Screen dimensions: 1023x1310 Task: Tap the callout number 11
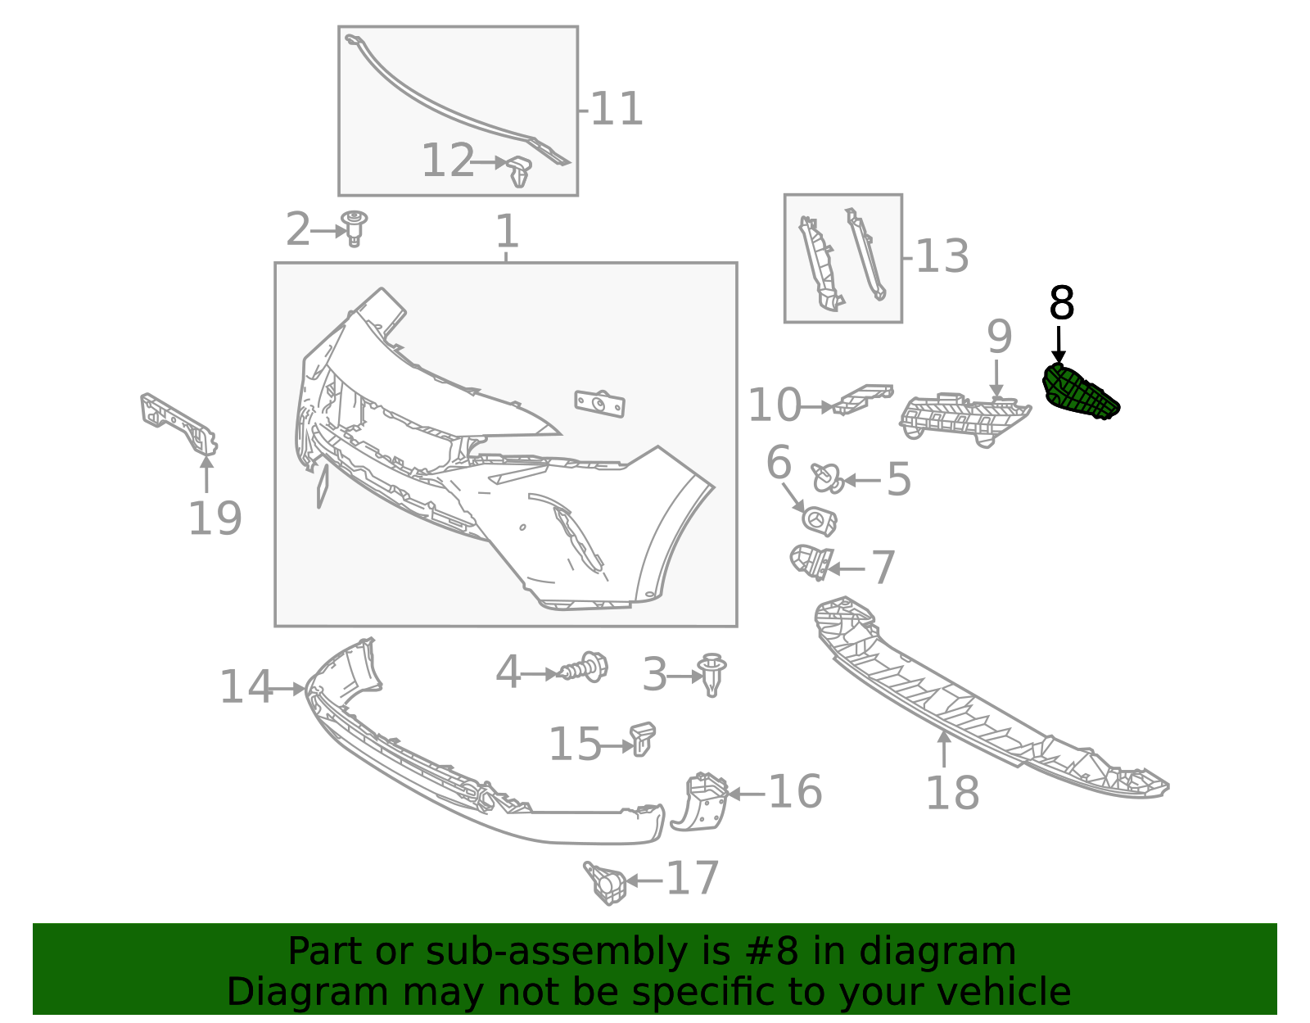(616, 109)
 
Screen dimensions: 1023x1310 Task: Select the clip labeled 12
(519, 170)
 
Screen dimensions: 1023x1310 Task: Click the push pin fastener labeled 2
(355, 227)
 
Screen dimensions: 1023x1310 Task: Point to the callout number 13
(942, 256)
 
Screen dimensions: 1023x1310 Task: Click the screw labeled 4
(585, 668)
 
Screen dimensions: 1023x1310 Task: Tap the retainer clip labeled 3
(712, 674)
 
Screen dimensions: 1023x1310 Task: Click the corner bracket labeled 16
(701, 801)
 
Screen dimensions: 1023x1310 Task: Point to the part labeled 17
(606, 882)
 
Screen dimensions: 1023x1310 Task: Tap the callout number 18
(951, 793)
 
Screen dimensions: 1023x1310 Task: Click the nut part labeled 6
(819, 520)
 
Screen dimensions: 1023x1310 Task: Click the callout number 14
(245, 687)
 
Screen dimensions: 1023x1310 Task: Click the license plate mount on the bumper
(600, 403)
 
